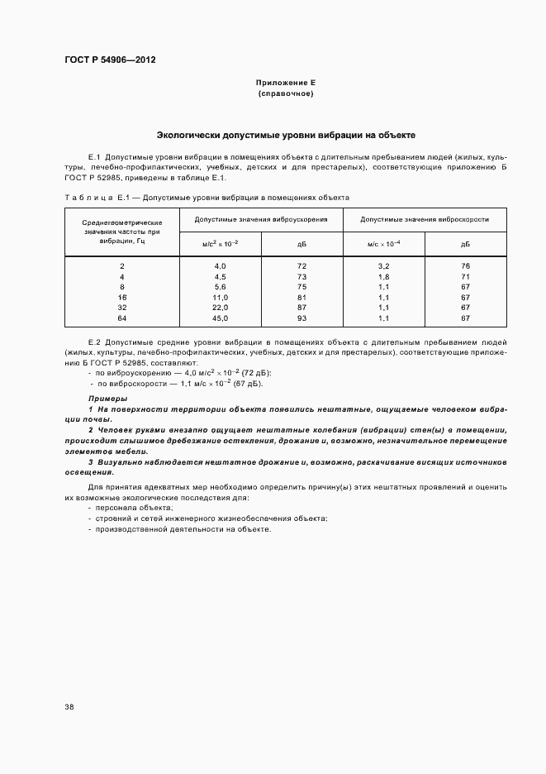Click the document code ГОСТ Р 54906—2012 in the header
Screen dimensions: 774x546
pyautogui.click(x=110, y=60)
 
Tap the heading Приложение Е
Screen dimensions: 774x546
pyautogui.click(x=286, y=84)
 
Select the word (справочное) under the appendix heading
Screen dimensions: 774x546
pyautogui.click(x=286, y=93)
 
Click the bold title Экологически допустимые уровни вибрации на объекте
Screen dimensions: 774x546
pyautogui.click(x=286, y=134)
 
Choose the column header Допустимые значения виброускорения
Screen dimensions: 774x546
pyautogui.click(x=261, y=220)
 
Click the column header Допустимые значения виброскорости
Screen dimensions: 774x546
pyautogui.click(x=425, y=220)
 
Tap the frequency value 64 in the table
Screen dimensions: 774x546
pyautogui.click(x=122, y=318)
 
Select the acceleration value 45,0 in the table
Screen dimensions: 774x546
pyautogui.click(x=220, y=318)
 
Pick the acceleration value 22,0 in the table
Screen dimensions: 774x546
pyautogui.click(x=220, y=307)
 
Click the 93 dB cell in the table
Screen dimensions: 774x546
pyautogui.click(x=301, y=318)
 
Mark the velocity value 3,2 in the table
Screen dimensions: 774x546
pyautogui.click(x=383, y=265)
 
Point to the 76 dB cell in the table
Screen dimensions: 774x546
pyautogui.click(x=465, y=265)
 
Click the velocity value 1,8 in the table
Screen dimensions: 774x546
pyautogui.click(x=383, y=276)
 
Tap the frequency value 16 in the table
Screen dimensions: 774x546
pyautogui.click(x=122, y=297)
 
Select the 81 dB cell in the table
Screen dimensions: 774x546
pyautogui.click(x=301, y=297)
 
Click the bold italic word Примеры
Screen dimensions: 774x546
pyautogui.click(x=107, y=399)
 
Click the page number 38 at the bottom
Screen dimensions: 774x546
pyautogui.click(x=69, y=707)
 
